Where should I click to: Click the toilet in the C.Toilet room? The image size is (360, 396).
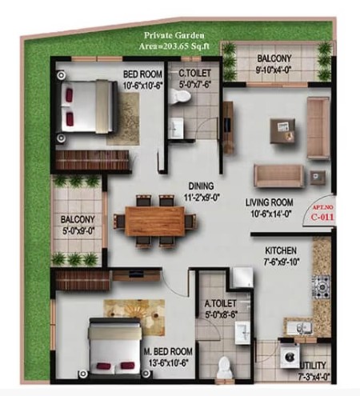click(181, 96)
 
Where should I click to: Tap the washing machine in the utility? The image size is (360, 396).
click(290, 356)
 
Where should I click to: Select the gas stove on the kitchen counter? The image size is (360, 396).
click(322, 287)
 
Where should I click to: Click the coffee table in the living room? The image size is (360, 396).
click(282, 131)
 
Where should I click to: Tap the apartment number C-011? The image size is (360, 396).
click(322, 217)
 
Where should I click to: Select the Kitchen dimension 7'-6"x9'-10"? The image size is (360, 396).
click(282, 262)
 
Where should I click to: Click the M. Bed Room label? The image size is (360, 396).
click(168, 351)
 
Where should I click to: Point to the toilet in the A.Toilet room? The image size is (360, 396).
click(223, 367)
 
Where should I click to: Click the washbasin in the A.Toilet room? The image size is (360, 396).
click(242, 333)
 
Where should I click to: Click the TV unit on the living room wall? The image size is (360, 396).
click(228, 127)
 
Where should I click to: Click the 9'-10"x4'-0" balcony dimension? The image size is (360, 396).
click(274, 70)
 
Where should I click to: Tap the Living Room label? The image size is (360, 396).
click(270, 202)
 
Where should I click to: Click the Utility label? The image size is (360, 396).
click(313, 365)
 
